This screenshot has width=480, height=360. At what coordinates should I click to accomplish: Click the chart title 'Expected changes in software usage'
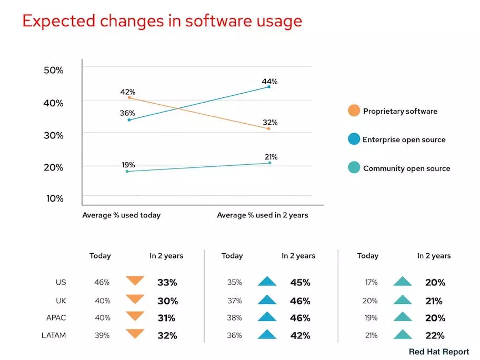tap(162, 22)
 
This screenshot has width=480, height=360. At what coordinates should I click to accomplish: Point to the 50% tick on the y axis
tap(53, 71)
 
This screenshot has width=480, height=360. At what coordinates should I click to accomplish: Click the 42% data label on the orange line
tap(127, 92)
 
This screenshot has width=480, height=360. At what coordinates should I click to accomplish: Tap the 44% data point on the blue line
tap(269, 86)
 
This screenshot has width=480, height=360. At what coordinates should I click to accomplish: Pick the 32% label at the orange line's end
tap(270, 123)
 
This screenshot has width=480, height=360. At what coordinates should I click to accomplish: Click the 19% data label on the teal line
tap(127, 164)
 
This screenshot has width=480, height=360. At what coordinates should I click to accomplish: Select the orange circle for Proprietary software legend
tap(354, 111)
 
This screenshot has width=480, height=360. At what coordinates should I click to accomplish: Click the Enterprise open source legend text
tap(404, 140)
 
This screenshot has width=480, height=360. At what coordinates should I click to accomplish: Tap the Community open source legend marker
tap(354, 168)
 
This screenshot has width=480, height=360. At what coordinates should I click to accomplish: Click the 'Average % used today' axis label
tap(122, 215)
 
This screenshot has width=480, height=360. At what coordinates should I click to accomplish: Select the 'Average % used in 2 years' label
tap(263, 215)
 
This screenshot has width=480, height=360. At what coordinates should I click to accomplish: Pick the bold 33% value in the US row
tap(167, 283)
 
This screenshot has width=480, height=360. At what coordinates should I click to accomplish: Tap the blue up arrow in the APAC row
tap(267, 317)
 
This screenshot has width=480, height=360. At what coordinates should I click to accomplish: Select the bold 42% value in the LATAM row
tap(300, 335)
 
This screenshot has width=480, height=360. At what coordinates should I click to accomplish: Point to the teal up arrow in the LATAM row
tap(402, 334)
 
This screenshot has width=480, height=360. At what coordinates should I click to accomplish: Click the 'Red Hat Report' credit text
tap(438, 352)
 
